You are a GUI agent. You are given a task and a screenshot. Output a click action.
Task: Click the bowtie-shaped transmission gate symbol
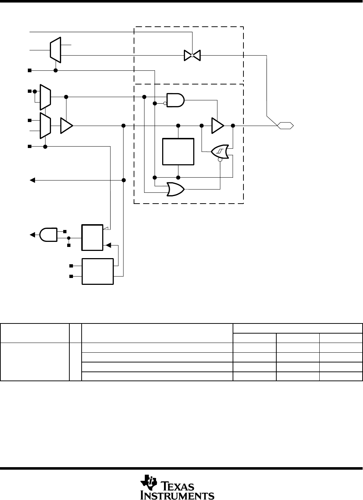pyautogui.click(x=192, y=55)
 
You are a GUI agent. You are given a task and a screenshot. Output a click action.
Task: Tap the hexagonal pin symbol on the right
pyautogui.click(x=285, y=126)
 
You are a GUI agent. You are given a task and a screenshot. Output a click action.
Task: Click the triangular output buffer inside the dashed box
pyautogui.click(x=217, y=126)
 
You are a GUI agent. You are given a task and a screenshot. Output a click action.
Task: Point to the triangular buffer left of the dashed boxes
pyautogui.click(x=66, y=126)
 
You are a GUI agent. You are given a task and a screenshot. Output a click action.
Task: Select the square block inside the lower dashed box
pyautogui.click(x=178, y=152)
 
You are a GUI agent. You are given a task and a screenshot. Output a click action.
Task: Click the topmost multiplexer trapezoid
pyautogui.click(x=55, y=49)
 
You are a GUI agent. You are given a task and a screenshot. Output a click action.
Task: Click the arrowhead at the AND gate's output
pyautogui.click(x=32, y=235)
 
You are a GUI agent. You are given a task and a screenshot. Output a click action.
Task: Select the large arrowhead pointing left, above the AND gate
pyautogui.click(x=33, y=180)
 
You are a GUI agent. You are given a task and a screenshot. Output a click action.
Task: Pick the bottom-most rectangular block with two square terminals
pyautogui.click(x=98, y=271)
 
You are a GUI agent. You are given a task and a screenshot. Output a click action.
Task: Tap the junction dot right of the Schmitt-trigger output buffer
pyautogui.click(x=233, y=126)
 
